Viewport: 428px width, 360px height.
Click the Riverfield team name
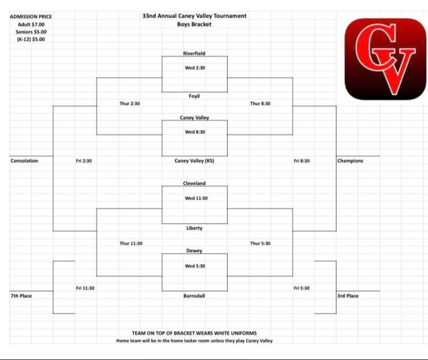pos(194,53)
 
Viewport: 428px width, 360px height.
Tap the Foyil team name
pos(194,96)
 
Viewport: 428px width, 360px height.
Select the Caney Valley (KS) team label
pos(194,161)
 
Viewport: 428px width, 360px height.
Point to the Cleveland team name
pos(194,183)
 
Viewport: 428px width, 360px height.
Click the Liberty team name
pos(194,228)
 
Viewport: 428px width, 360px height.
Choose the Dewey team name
pos(194,251)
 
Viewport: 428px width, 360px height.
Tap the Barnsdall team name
pos(194,296)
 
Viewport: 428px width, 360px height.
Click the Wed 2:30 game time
pos(195,68)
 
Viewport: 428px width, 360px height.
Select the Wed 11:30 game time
pos(196,198)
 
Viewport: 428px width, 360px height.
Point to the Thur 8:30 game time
pos(260,104)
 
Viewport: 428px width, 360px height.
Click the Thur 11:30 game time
pos(131,244)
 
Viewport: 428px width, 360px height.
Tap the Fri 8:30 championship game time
pos(302,161)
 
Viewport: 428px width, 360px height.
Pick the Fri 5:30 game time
pos(302,288)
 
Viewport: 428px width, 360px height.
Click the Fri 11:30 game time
pos(85,288)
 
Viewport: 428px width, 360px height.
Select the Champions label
pos(350,161)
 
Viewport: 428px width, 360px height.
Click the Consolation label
pos(24,161)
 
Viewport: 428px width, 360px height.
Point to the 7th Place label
pos(21,296)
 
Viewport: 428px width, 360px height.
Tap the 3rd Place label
pos(348,296)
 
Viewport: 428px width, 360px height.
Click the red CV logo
pos(385,59)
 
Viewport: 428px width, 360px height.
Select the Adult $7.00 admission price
pos(31,25)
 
